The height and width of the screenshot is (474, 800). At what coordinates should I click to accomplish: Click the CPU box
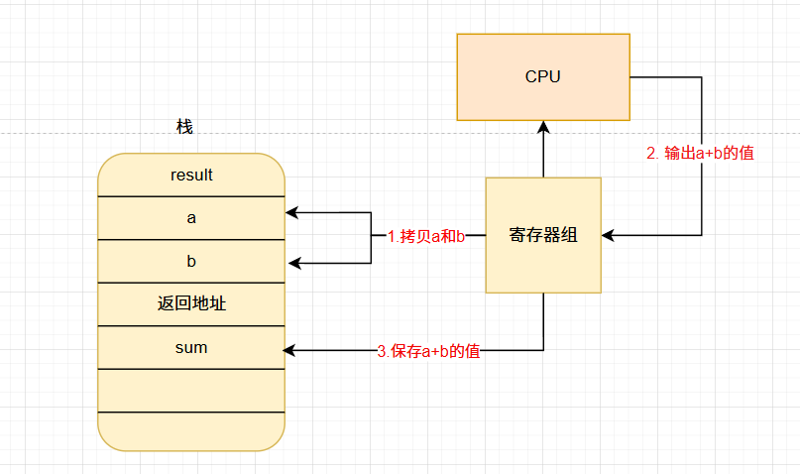[x=543, y=77]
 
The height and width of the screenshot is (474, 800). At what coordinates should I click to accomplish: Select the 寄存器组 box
[x=543, y=235]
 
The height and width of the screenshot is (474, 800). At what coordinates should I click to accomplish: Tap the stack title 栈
[x=184, y=127]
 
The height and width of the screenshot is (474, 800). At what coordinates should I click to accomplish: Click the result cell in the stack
[x=191, y=175]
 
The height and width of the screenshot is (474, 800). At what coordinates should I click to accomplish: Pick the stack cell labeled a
[x=191, y=218]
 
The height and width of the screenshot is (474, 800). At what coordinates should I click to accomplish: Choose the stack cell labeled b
[x=191, y=261]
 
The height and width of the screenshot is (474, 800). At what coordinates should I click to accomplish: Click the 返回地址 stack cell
[x=191, y=304]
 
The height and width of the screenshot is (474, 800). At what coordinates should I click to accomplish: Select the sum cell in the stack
[x=191, y=347]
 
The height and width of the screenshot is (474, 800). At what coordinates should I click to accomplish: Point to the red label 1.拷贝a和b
[x=426, y=236]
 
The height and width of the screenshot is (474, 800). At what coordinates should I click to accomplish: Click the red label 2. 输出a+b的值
[x=700, y=153]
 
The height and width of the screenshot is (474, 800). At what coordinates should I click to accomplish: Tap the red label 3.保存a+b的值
[x=428, y=351]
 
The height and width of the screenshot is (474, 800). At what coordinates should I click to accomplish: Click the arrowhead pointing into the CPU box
[x=543, y=127]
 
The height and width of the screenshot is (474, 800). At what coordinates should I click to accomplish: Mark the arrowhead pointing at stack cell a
[x=291, y=212]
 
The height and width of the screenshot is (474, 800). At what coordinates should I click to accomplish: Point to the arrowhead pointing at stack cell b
[x=294, y=263]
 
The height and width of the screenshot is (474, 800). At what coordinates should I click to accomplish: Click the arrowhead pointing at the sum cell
[x=288, y=350]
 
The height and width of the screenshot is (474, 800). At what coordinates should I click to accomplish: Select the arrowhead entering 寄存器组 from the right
[x=608, y=235]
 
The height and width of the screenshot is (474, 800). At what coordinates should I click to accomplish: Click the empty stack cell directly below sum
[x=191, y=391]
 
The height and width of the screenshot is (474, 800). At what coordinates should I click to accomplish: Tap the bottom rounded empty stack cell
[x=191, y=431]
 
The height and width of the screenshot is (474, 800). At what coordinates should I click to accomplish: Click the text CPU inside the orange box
[x=543, y=76]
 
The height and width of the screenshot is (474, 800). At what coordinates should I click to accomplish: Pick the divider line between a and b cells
[x=191, y=239]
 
